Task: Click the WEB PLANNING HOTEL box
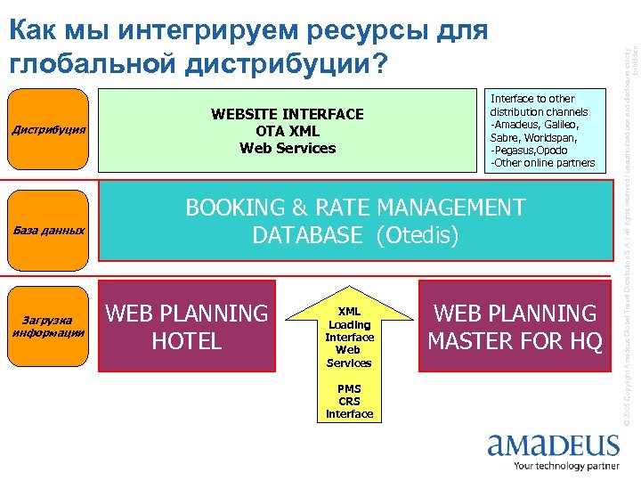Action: (x=186, y=327)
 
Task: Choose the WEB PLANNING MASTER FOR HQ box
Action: (x=515, y=327)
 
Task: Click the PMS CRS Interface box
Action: (x=349, y=402)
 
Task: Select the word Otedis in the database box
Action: (x=418, y=235)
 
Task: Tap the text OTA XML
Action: (x=287, y=131)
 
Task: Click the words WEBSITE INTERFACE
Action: (x=287, y=114)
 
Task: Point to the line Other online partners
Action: (x=542, y=162)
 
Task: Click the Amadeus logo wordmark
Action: (x=552, y=445)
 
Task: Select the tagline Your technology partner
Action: (x=566, y=466)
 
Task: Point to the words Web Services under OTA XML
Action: (x=287, y=148)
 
